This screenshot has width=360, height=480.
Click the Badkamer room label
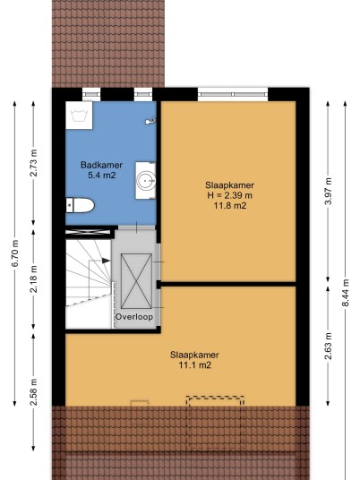[x=101, y=165]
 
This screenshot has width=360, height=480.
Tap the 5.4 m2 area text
[x=101, y=176]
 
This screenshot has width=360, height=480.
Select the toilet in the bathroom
[x=81, y=205]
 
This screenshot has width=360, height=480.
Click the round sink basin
[x=146, y=181]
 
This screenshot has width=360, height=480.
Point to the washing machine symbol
[x=79, y=116]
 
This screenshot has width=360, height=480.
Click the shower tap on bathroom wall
[x=150, y=121]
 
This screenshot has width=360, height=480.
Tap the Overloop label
[x=134, y=317]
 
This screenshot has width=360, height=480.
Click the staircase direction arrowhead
[x=106, y=261]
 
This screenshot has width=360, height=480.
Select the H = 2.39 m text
[x=229, y=195]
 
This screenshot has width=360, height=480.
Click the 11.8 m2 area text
[x=229, y=205]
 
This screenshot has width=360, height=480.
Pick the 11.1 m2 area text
[x=194, y=365]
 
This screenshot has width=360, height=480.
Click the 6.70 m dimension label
[x=15, y=253]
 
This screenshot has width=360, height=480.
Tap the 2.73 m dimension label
[x=34, y=163]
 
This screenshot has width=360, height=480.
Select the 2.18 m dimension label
[x=34, y=279]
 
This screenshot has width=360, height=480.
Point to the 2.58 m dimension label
[x=34, y=392]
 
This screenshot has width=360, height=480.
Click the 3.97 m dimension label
[x=328, y=192]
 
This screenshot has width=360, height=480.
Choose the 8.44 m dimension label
[x=346, y=293]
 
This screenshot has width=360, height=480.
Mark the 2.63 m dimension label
[x=328, y=346]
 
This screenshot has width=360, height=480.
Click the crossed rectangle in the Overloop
[x=136, y=281]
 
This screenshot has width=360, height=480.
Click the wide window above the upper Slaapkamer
[x=233, y=94]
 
